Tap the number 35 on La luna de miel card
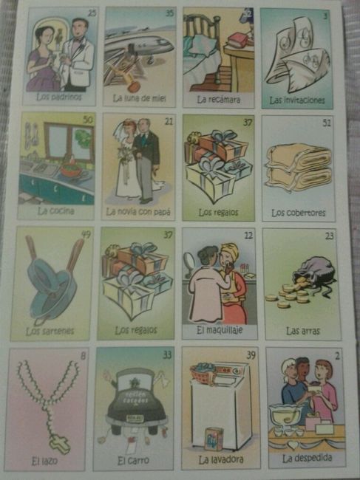pos(169,13)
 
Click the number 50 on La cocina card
pos(88,120)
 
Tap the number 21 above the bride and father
pos(169,121)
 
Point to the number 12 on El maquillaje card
pos(249,235)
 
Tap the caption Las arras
pos(302,331)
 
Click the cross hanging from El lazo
pos(60,444)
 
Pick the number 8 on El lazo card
pos(83,357)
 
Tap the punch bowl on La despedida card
pos(286,416)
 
